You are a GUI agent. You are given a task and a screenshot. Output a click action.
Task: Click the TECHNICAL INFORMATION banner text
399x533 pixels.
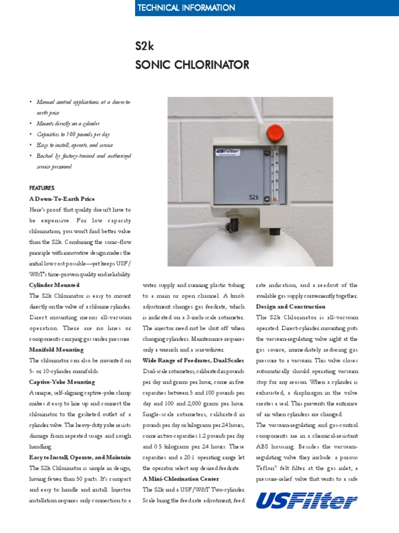pyautogui.click(x=186, y=8)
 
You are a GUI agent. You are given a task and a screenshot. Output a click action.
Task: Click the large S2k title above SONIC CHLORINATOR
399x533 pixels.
pyautogui.click(x=144, y=47)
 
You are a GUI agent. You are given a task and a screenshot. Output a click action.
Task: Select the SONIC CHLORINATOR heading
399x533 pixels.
pyautogui.click(x=192, y=65)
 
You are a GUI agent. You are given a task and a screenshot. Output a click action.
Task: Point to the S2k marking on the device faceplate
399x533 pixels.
pyautogui.click(x=254, y=197)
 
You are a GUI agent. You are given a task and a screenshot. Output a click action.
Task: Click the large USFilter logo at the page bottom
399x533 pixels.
pyautogui.click(x=307, y=501)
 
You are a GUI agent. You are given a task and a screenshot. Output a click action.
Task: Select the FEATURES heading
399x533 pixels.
pyautogui.click(x=42, y=188)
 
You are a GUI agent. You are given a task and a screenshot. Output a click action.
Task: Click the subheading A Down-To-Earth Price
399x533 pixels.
pyautogui.click(x=62, y=199)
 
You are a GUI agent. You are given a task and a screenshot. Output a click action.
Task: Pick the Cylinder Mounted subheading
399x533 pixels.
pyautogui.click(x=54, y=285)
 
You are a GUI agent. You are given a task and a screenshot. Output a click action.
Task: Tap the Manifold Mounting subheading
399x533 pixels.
pyautogui.click(x=57, y=350)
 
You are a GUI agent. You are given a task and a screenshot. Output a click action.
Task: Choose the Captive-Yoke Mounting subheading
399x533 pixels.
pyautogui.click(x=62, y=382)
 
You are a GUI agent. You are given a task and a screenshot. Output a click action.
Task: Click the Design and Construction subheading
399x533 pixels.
pyautogui.click(x=290, y=307)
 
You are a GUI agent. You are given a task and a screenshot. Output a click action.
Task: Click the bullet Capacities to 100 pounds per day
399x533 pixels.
pyautogui.click(x=73, y=134)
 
